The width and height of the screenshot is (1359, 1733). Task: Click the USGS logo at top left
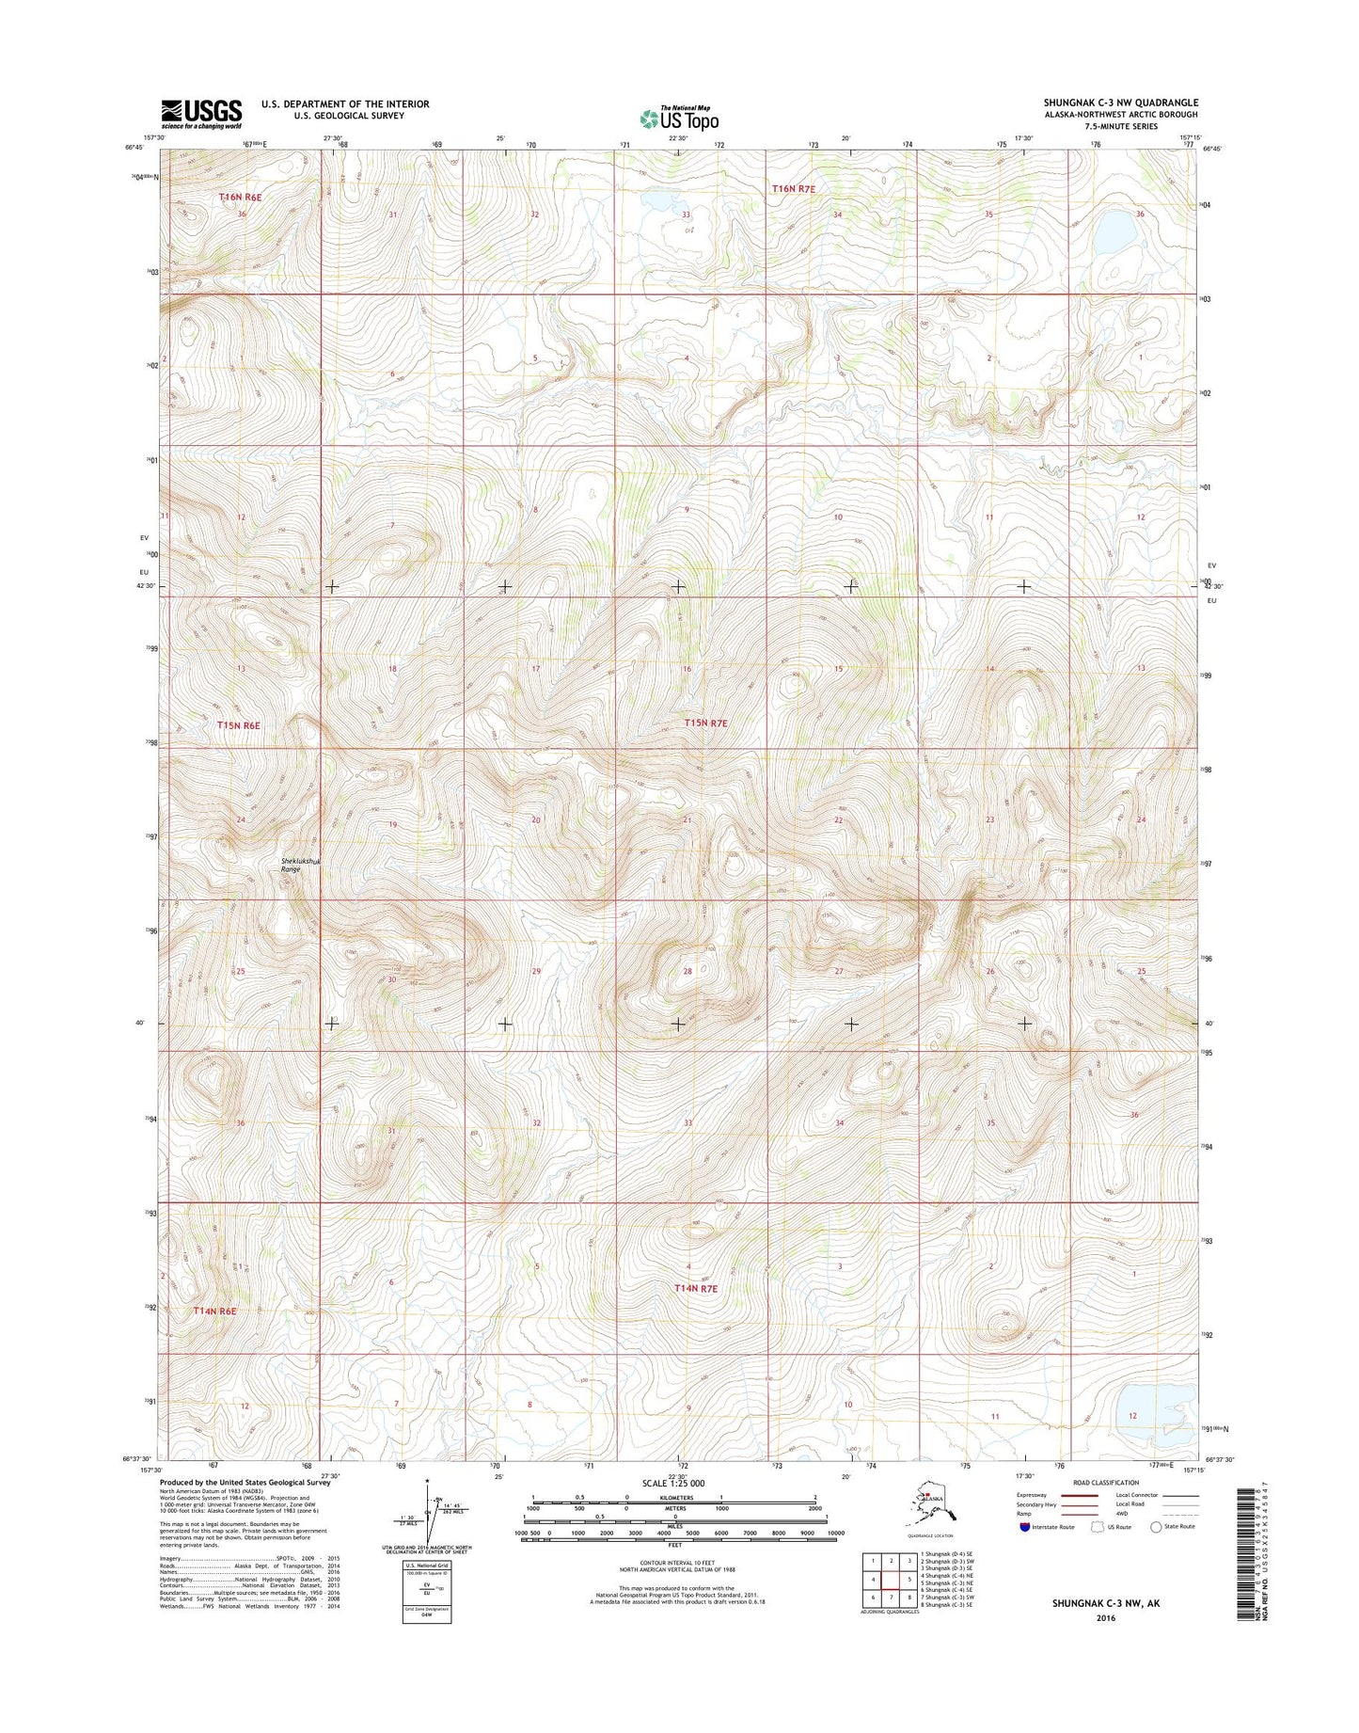click(201, 113)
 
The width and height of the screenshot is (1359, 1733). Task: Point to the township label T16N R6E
click(239, 198)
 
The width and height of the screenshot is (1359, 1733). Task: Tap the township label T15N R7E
click(705, 723)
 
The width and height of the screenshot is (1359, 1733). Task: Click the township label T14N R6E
click(214, 1311)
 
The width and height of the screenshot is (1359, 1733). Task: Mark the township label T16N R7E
click(793, 189)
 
